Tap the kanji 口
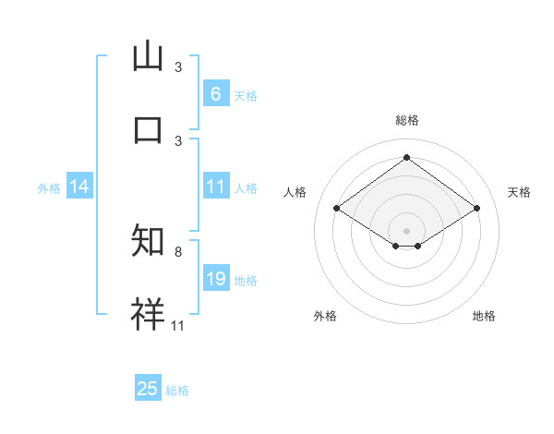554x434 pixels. click(x=148, y=128)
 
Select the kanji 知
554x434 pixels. click(x=148, y=241)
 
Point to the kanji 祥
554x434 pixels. click(x=148, y=313)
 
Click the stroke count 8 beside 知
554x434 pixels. click(x=178, y=251)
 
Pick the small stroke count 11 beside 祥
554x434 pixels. click(x=178, y=325)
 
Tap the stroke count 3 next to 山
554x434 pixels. click(x=178, y=67)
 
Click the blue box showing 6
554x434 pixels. click(x=215, y=93)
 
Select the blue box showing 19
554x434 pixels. click(x=215, y=279)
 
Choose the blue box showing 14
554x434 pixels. click(x=79, y=187)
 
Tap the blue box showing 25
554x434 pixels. click(x=148, y=389)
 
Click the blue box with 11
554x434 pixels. click(x=215, y=187)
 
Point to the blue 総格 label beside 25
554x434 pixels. click(x=177, y=391)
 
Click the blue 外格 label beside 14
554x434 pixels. click(x=49, y=187)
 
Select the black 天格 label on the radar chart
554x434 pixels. click(x=519, y=192)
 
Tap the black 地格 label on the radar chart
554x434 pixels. click(x=484, y=316)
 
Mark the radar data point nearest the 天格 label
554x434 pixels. click(x=476, y=209)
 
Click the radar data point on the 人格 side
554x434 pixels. click(x=337, y=209)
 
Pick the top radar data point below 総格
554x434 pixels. click(x=406, y=158)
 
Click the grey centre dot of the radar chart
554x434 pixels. click(x=406, y=230)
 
